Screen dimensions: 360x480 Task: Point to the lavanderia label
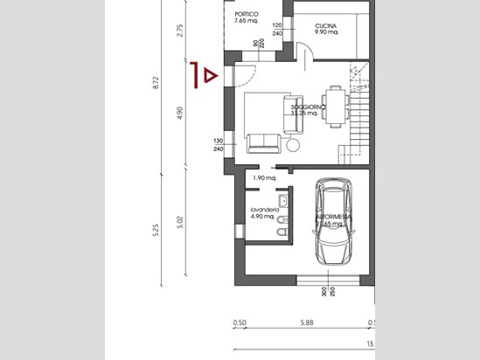[264, 213]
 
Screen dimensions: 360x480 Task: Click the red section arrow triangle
[208, 76]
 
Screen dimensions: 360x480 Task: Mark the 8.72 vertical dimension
[156, 83]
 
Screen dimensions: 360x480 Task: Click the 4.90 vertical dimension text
[180, 113]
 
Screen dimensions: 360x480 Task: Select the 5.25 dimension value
[156, 231]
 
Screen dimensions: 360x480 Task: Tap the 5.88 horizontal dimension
[306, 322]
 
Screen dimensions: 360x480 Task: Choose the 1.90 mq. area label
[264, 178]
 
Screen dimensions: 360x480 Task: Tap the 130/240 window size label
[217, 145]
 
